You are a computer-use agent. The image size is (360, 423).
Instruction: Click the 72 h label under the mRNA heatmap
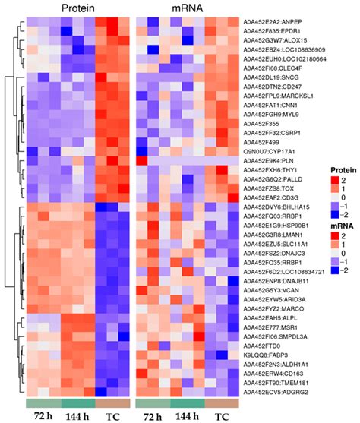coord(151,416)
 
